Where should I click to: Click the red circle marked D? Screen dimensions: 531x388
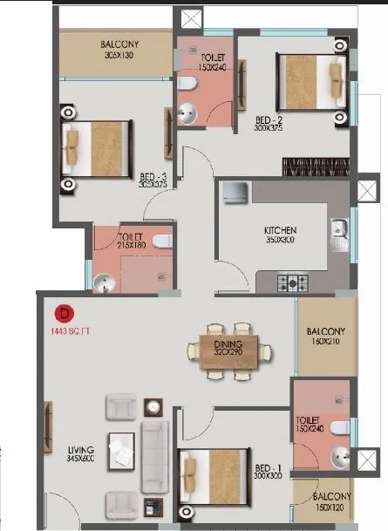[63, 312]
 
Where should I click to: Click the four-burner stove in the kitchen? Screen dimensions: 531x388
[292, 282]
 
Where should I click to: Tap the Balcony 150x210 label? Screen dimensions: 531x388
[326, 336]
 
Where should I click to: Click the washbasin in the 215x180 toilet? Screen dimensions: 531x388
[104, 282]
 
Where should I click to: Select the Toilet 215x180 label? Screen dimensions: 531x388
[133, 239]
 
